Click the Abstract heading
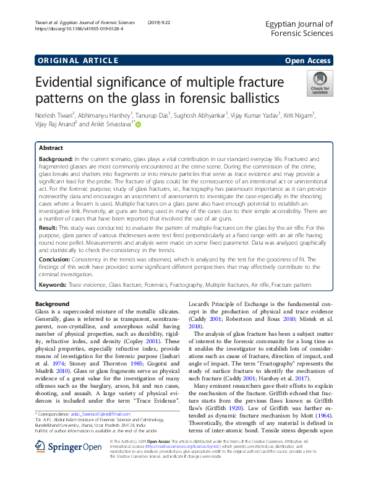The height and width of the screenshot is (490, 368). point(51,149)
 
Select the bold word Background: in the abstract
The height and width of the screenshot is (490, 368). point(55,160)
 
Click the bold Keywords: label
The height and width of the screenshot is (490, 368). point(53,284)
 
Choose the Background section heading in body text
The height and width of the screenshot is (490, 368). point(53,304)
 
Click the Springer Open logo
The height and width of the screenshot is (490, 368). point(59,463)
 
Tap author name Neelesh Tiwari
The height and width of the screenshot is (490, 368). point(52,115)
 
